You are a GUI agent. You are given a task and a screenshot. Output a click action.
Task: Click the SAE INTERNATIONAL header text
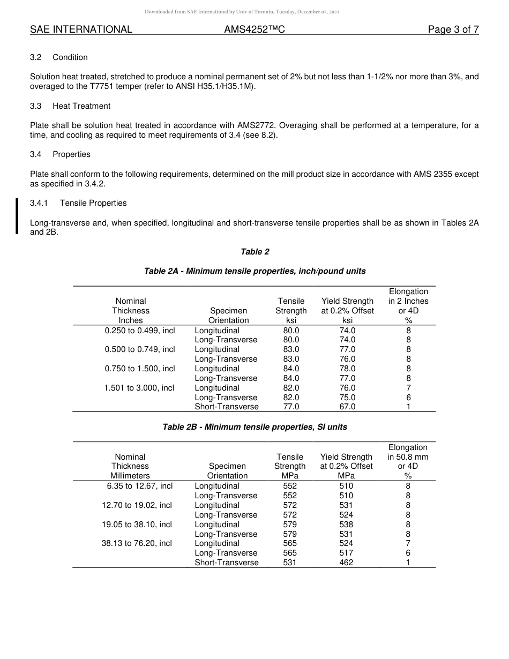click(x=81, y=30)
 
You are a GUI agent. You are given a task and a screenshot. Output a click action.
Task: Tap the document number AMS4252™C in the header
click(x=254, y=30)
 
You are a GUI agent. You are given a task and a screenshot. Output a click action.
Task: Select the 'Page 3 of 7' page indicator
click(x=453, y=30)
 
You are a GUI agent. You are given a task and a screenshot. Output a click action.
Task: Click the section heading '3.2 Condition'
click(x=59, y=57)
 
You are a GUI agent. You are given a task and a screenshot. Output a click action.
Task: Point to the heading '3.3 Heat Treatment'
click(x=70, y=106)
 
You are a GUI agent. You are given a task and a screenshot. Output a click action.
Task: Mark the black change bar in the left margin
click(x=17, y=216)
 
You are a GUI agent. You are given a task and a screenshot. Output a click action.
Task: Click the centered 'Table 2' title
click(x=254, y=252)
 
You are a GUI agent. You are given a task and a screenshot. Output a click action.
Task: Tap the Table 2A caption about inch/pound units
click(x=254, y=271)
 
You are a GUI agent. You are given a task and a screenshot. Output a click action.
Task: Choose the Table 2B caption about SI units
click(x=254, y=427)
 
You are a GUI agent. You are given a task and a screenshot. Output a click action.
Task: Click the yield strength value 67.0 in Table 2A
click(x=347, y=407)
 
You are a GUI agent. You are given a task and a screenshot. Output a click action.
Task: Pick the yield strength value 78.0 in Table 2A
click(x=347, y=369)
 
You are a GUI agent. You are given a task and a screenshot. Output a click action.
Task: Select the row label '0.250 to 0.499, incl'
click(x=140, y=331)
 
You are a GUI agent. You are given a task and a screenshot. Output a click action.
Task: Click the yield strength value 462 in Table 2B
click(x=346, y=563)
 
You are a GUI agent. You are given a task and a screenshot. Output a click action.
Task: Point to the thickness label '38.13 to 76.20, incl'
click(x=137, y=543)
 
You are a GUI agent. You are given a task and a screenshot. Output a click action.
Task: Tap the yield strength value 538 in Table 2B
click(x=346, y=525)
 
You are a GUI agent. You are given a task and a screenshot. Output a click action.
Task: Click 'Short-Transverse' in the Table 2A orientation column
click(x=226, y=407)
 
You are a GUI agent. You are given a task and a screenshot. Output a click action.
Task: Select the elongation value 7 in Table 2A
click(x=408, y=388)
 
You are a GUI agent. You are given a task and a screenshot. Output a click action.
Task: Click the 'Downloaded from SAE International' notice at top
click(x=242, y=11)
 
